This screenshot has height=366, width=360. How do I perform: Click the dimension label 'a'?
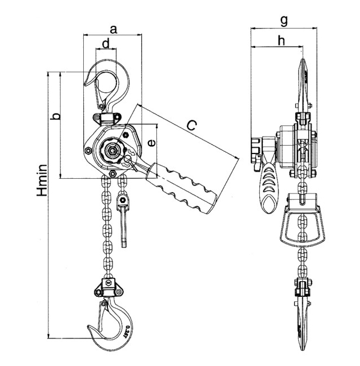pos(113,28)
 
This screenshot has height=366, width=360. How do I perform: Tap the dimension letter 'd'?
pos(106,43)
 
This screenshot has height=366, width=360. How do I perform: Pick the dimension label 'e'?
pos(150,143)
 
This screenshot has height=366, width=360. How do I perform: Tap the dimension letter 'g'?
pos(284,20)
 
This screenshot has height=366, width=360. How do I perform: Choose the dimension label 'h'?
pos(281,40)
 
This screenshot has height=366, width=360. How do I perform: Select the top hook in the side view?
pos(303,84)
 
